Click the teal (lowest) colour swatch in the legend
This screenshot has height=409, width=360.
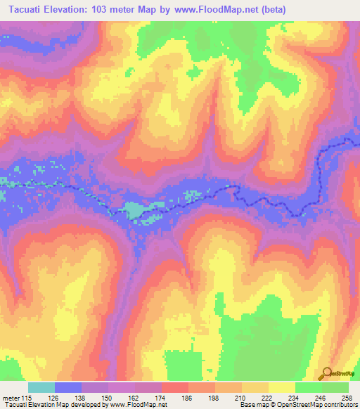point(41,387)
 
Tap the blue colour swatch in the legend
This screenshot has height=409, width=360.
point(68,387)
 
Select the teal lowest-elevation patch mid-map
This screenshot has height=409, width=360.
point(134,209)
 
